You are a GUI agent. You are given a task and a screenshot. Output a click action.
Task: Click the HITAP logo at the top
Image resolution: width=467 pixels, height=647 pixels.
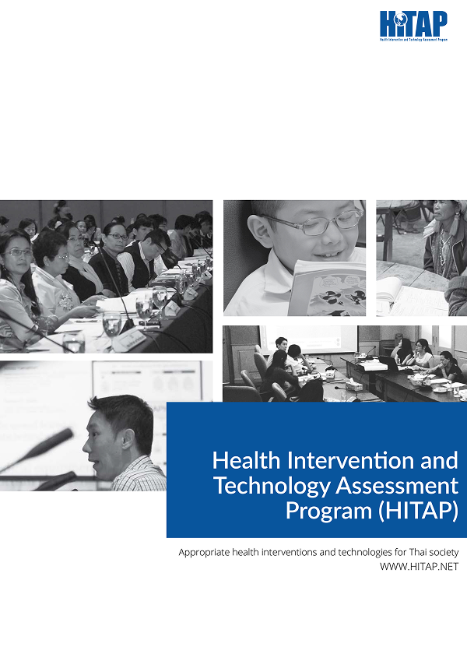click(x=413, y=26)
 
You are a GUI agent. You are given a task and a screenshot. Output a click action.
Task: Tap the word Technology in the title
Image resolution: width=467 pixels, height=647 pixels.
click(x=272, y=487)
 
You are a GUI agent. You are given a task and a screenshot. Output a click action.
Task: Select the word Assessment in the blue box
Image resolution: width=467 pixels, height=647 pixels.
click(x=397, y=486)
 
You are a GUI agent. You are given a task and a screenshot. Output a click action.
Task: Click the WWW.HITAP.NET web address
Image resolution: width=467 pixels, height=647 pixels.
click(x=420, y=567)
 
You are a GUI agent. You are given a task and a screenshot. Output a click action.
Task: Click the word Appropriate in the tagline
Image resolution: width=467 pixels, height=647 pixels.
click(x=204, y=553)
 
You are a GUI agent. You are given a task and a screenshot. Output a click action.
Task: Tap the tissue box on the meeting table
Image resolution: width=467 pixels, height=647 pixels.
click(x=353, y=386)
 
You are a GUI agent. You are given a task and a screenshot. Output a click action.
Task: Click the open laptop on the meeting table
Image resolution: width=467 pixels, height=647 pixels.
click(x=388, y=363)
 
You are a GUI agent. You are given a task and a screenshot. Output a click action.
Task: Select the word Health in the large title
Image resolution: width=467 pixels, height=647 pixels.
click(x=247, y=460)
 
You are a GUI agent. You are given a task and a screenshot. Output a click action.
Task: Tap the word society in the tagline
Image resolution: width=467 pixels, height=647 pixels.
click(x=443, y=553)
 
